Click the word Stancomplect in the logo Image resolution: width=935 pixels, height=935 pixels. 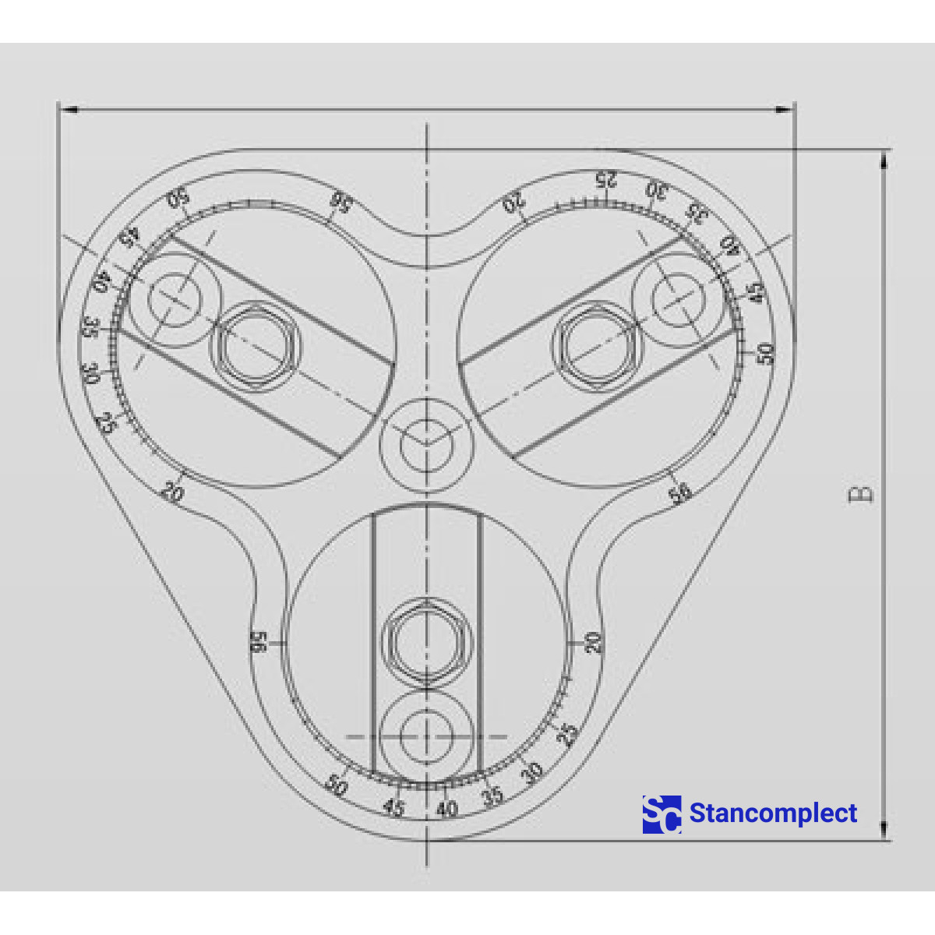773,813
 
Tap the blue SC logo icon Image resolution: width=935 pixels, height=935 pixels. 662,814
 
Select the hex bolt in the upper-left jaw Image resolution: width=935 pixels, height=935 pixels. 256,344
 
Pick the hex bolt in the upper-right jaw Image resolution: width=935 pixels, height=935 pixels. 596,344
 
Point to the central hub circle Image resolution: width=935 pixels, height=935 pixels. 426,446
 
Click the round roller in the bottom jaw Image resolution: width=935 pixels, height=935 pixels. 426,736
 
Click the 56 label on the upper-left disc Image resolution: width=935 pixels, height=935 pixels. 340,201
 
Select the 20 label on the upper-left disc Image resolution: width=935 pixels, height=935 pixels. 172,493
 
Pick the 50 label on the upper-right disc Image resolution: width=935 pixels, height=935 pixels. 767,353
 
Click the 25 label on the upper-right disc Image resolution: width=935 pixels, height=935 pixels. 605,179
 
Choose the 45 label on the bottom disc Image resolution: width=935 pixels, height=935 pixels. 394,808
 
